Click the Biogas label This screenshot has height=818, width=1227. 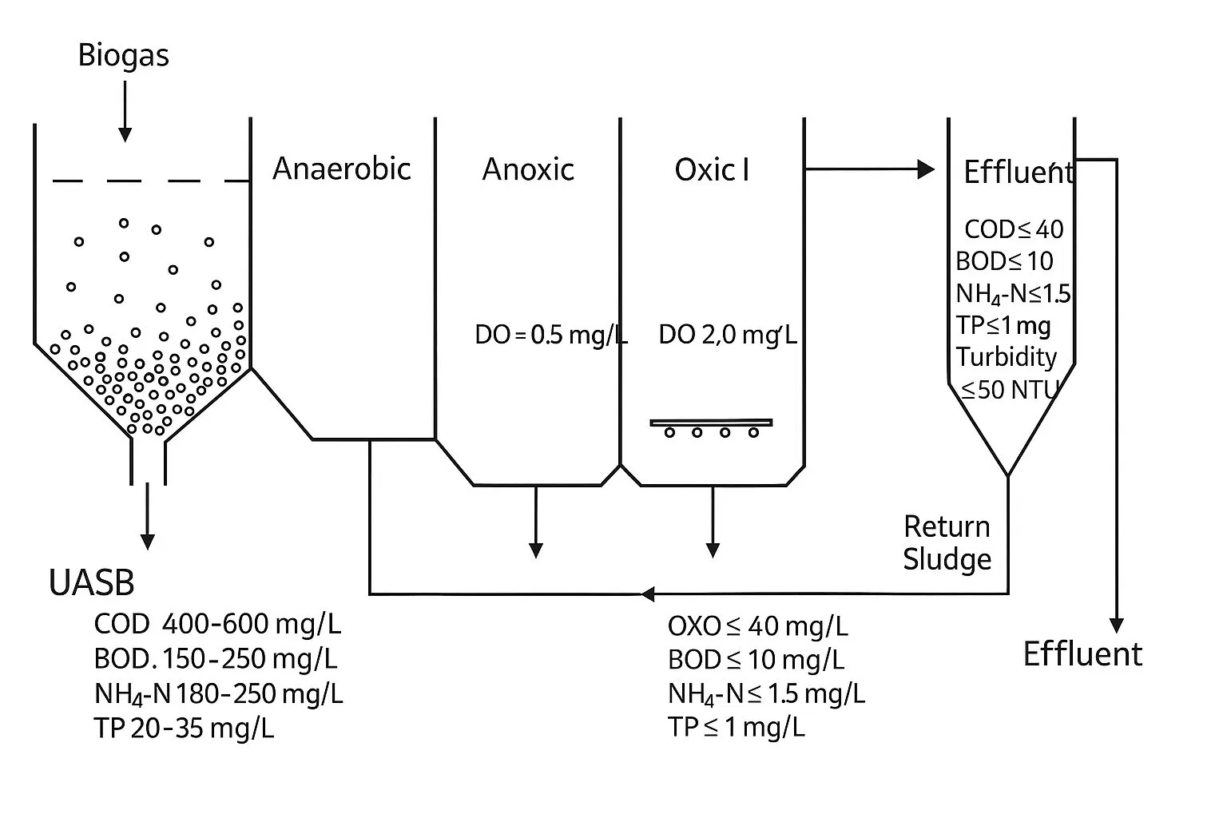tap(123, 56)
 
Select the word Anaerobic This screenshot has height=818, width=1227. tap(341, 169)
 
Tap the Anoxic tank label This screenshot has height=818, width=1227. tap(528, 169)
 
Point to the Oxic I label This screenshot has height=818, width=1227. tap(712, 169)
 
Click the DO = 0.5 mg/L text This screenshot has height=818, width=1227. tap(550, 335)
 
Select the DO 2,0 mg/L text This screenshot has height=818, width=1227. tap(727, 335)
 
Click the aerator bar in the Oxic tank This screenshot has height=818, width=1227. tap(711, 423)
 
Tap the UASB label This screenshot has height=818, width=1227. tap(91, 583)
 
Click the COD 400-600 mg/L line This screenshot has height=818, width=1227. tap(217, 624)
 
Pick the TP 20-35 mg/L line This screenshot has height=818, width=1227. tap(184, 728)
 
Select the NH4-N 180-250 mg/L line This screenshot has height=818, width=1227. tap(218, 693)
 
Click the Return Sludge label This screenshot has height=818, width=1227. tap(947, 542)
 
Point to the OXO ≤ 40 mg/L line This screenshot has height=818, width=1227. tap(757, 625)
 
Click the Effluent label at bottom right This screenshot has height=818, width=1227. tap(1082, 653)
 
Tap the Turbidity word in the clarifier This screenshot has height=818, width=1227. tap(1007, 356)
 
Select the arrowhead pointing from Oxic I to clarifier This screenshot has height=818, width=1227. tap(926, 169)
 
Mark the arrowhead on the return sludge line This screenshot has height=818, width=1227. tap(648, 594)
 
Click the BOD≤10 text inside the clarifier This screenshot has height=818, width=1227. tap(1004, 261)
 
